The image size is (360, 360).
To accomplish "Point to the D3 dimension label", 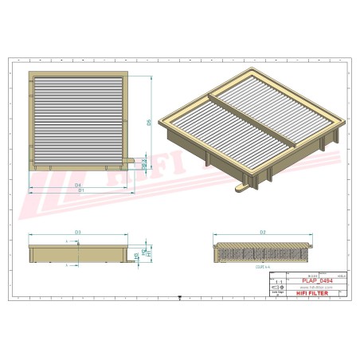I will tap(78, 231).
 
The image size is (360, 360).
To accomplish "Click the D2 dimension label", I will tap(263, 231).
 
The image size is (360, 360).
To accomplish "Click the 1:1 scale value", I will tap(277, 282).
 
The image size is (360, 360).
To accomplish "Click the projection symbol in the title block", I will tap(277, 288).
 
